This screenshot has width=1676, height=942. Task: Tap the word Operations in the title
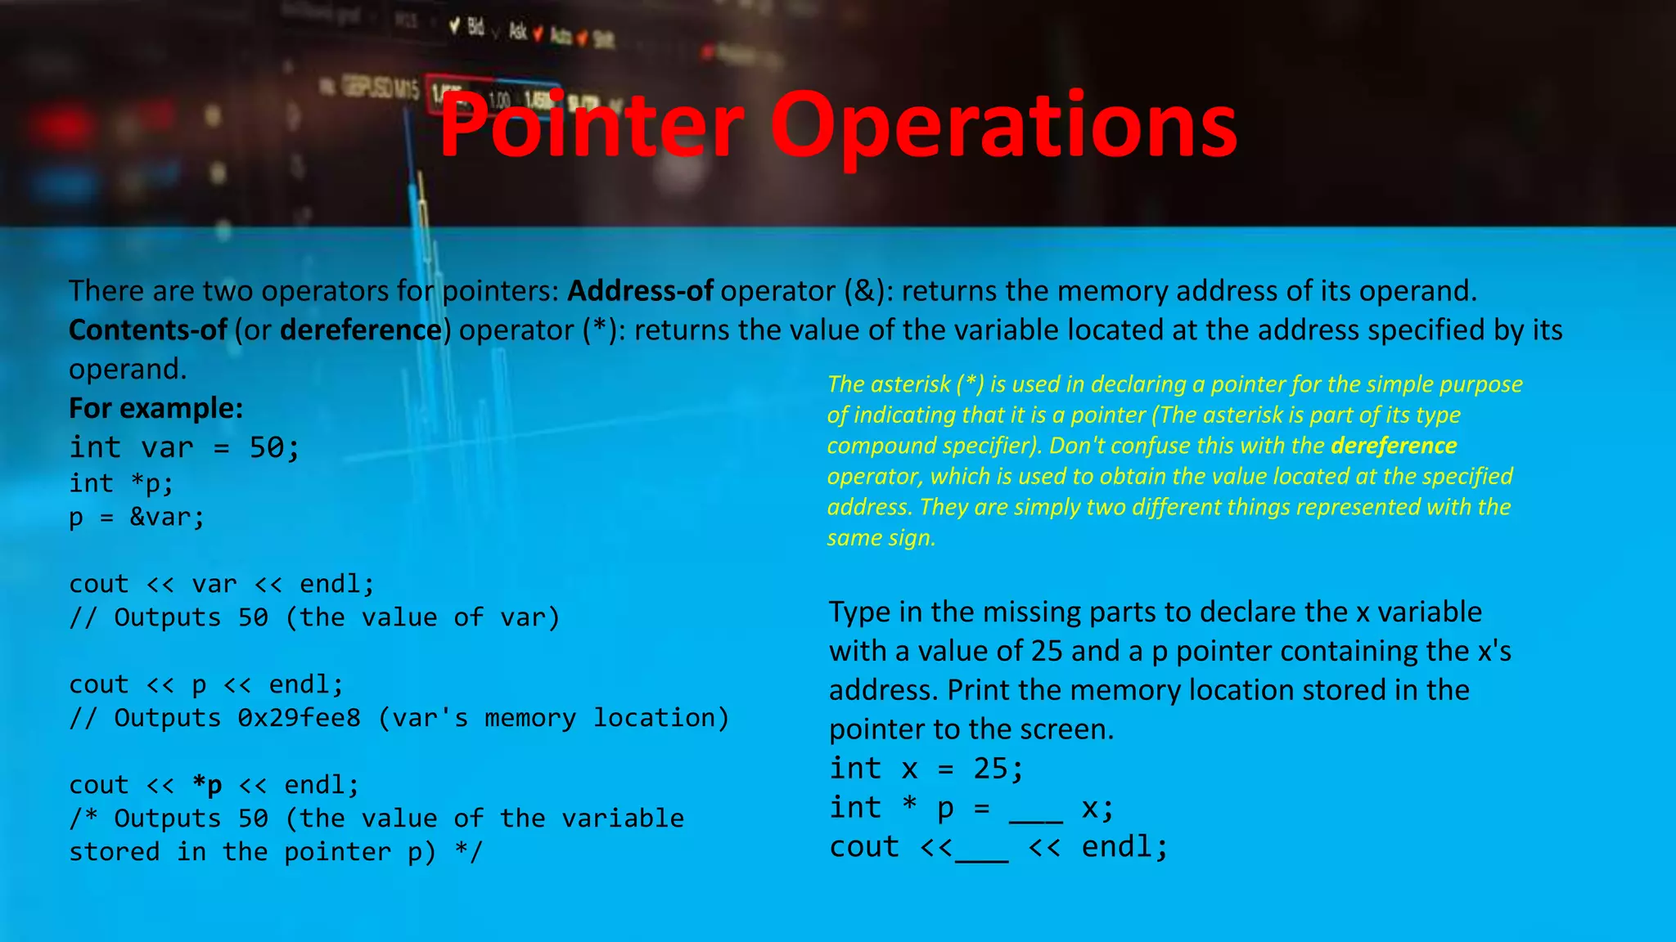coord(1003,128)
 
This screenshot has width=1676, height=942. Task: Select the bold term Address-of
coord(640,291)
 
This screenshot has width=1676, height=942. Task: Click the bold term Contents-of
coord(147,330)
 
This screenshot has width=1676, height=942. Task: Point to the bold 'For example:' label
coord(155,408)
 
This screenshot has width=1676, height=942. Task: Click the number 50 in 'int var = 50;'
coord(267,447)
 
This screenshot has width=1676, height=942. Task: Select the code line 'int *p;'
coord(121,483)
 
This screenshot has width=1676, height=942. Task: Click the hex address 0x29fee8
coord(299,718)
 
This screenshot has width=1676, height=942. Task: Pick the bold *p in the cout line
coord(207,785)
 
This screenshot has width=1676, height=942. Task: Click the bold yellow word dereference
coord(1393,446)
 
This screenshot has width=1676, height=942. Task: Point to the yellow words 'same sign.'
coord(881,538)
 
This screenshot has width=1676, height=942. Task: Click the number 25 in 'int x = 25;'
coord(990,769)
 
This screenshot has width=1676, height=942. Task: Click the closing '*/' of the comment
coord(469,852)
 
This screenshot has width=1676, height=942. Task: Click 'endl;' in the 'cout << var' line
coord(336,584)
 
